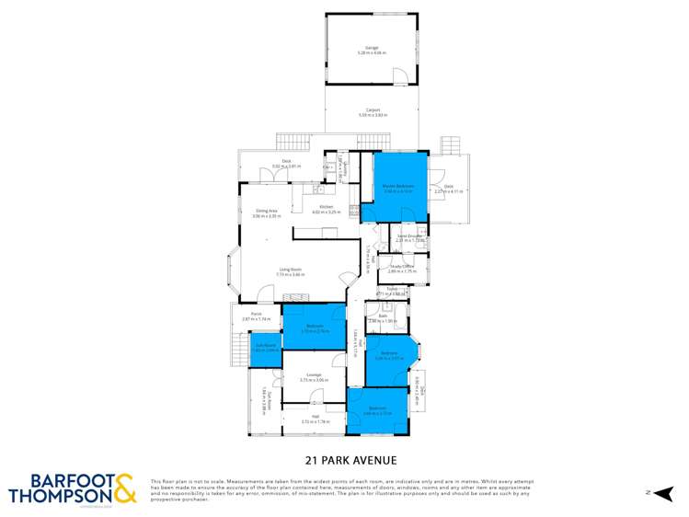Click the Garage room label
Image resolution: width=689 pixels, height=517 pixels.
tap(371, 51)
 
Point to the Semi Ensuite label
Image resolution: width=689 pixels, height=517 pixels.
tap(409, 237)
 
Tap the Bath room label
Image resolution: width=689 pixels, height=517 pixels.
tap(383, 317)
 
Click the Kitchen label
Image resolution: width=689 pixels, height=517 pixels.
tap(327, 209)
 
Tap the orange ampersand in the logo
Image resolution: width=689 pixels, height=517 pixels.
tap(126, 488)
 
